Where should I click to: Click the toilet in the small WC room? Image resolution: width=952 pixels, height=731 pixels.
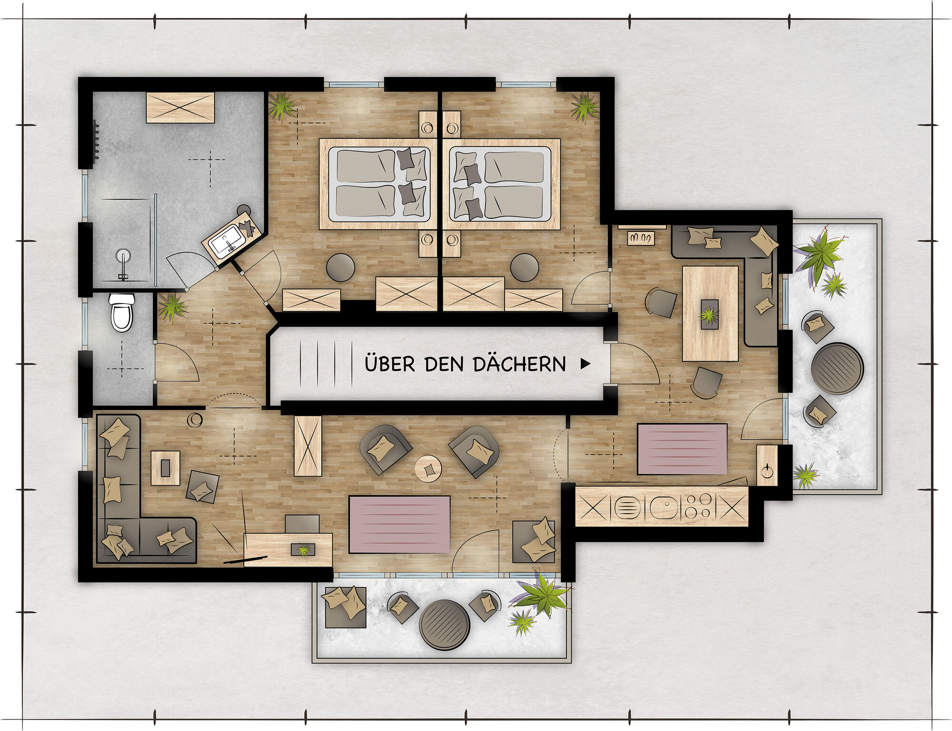click(x=122, y=312)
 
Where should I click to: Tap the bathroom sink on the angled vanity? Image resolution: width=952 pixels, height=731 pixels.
click(x=227, y=240)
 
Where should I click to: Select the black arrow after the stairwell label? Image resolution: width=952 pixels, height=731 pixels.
click(x=585, y=364)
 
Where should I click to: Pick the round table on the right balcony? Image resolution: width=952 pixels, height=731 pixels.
click(x=837, y=368)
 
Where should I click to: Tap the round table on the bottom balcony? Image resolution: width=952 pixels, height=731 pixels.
click(x=444, y=624)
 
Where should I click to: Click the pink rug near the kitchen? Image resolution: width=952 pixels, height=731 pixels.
click(x=682, y=449)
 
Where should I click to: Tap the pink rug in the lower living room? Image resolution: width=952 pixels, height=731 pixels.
click(x=399, y=524)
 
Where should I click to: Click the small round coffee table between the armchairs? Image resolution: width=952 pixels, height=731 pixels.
click(x=428, y=469)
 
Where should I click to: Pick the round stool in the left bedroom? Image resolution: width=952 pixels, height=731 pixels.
click(x=340, y=267)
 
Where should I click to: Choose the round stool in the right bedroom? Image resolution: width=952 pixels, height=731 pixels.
click(x=525, y=267)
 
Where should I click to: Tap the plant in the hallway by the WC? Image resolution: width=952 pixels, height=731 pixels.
click(x=171, y=307)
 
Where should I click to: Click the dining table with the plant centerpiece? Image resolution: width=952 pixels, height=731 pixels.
click(x=710, y=313)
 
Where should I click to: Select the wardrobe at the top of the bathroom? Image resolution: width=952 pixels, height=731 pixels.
click(x=180, y=107)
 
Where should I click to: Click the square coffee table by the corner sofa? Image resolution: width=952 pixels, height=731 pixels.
click(x=165, y=468)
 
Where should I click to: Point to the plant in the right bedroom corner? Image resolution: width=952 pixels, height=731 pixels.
click(x=585, y=107)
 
